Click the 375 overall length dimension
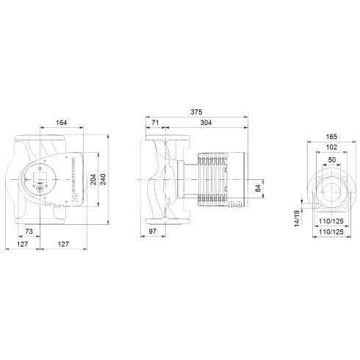(x=195, y=112)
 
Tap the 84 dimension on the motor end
(x=257, y=189)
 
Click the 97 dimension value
(x=153, y=231)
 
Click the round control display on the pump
(x=37, y=179)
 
